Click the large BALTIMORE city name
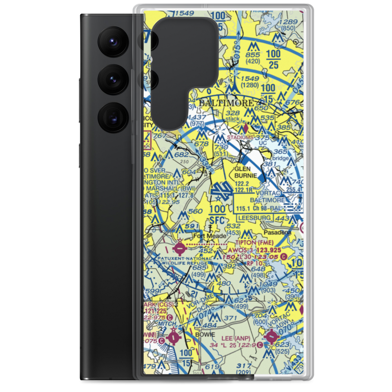click(226, 103)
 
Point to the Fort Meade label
click(210, 236)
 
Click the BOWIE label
click(205, 334)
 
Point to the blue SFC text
click(218, 220)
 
